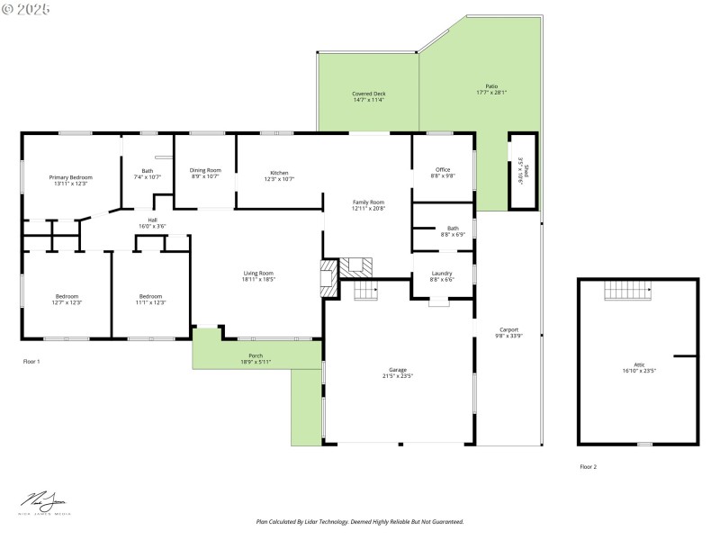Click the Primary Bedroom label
click(70, 177)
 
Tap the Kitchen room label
click(279, 173)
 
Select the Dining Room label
click(205, 170)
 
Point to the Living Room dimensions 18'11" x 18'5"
click(258, 280)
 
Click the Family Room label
click(368, 202)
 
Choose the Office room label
click(443, 169)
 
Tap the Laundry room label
click(442, 273)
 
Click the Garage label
click(398, 370)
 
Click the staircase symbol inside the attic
click(626, 290)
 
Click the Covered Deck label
click(368, 94)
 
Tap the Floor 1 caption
click(31, 361)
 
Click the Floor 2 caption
click(588, 466)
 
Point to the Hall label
click(153, 220)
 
